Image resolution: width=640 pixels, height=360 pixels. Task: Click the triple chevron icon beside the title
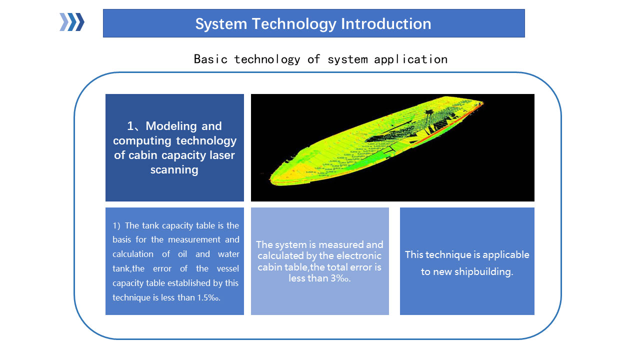coord(71,22)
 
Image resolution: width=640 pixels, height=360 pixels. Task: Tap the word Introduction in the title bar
coord(386,23)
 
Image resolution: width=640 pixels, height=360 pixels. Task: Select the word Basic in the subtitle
coord(210,59)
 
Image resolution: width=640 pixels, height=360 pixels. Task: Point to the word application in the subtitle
coord(410,59)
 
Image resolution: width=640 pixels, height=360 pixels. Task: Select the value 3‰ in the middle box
coord(340,278)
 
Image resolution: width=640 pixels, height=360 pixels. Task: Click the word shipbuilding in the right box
coord(483,271)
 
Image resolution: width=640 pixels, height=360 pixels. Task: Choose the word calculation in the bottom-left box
coord(133,254)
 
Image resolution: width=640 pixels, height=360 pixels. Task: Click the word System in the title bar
coord(221,24)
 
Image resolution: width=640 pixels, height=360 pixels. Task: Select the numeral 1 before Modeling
coord(130,126)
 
